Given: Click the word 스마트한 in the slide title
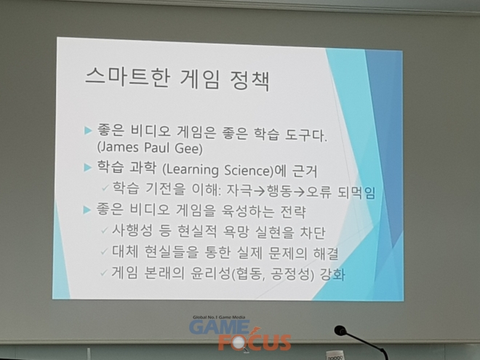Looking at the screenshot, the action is [x=127, y=77].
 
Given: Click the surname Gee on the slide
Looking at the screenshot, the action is [x=188, y=148].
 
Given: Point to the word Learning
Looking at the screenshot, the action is [x=191, y=170].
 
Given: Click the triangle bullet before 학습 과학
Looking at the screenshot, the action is [x=88, y=167].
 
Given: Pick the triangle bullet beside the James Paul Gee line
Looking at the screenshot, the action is [x=88, y=131].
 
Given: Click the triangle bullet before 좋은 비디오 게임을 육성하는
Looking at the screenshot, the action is [x=87, y=210].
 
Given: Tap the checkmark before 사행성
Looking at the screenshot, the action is [x=105, y=230].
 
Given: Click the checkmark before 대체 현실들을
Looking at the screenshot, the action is [x=105, y=252].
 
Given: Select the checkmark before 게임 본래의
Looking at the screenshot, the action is [x=104, y=272].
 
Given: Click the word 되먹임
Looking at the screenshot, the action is [x=356, y=193].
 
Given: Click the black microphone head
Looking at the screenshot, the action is [x=340, y=331].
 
